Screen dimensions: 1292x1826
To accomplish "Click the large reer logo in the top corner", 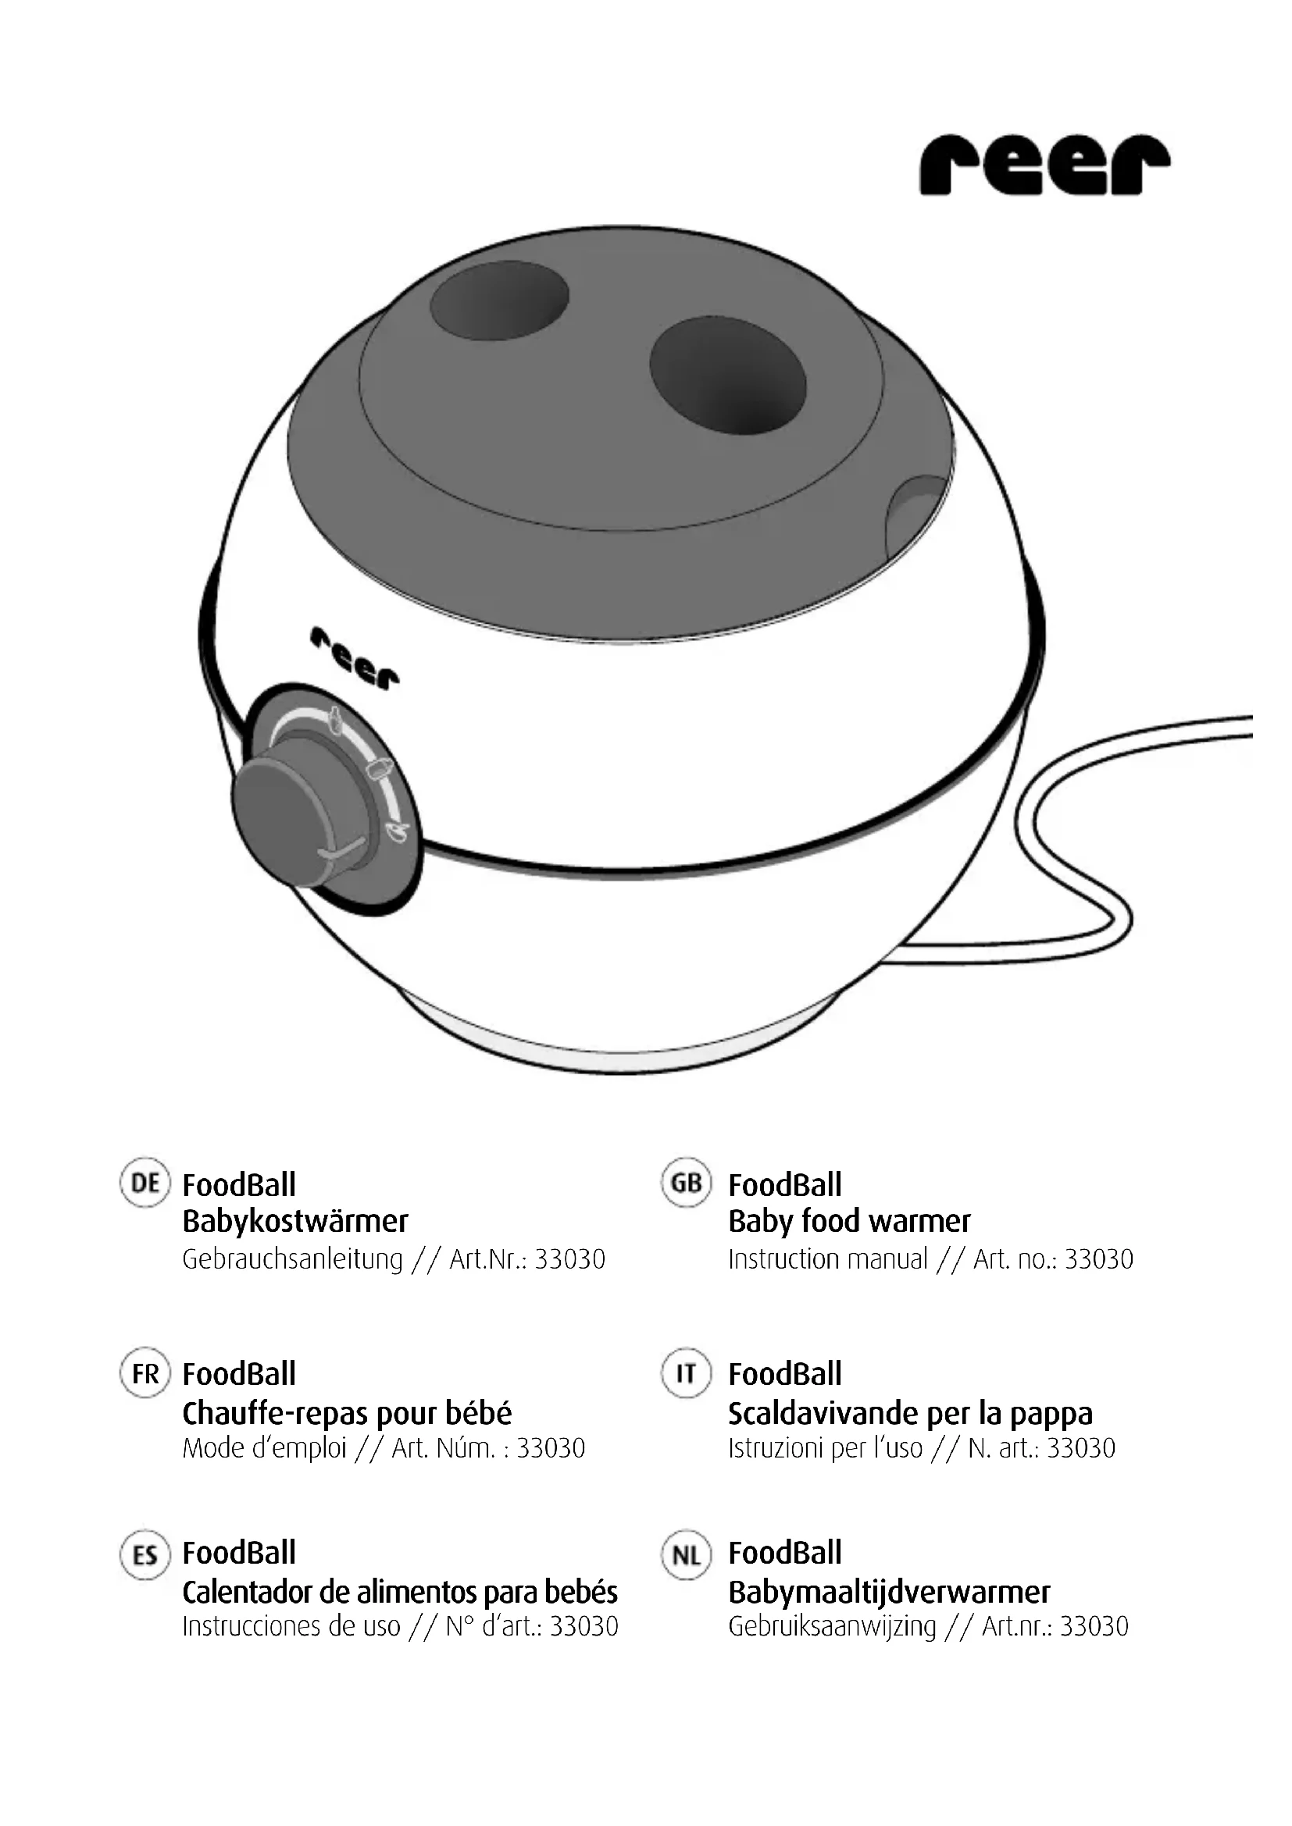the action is click(1044, 165).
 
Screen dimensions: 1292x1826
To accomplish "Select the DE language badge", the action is click(145, 1183).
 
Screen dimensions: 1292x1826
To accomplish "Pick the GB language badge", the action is click(686, 1183).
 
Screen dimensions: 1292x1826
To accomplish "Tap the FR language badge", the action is click(145, 1373).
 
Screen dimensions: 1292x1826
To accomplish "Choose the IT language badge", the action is click(686, 1373).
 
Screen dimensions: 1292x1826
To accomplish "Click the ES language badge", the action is click(145, 1555).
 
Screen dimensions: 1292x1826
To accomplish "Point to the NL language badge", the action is click(686, 1555).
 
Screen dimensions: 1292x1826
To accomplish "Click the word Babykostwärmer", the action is click(295, 1222).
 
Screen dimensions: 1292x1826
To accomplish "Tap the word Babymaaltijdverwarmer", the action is click(889, 1592).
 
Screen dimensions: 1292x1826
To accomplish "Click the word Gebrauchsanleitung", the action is click(292, 1260).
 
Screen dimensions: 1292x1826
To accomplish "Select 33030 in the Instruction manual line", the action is click(1099, 1260).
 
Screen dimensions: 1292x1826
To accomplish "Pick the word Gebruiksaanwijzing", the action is click(831, 1627).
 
